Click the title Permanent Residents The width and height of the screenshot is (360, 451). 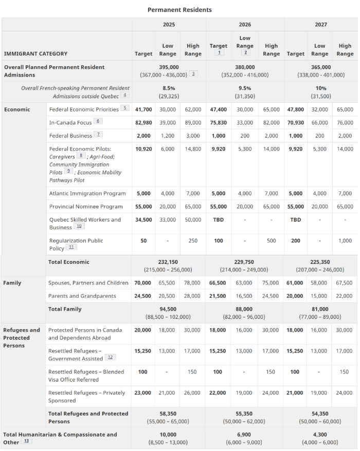[x=179, y=10]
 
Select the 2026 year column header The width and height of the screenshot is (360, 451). [x=245, y=25]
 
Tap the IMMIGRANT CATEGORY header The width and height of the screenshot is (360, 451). [x=35, y=54]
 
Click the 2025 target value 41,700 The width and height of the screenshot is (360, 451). [x=143, y=110]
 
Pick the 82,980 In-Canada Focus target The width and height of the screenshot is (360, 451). [x=143, y=123]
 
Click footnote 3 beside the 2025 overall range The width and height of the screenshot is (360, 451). [x=193, y=74]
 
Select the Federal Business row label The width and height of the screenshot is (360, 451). [x=70, y=136]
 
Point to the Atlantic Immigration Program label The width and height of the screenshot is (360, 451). [x=87, y=193]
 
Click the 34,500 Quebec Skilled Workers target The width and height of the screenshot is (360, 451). [x=143, y=220]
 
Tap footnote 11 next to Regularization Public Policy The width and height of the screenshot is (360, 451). [x=71, y=247]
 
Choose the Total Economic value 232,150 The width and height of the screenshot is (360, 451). [x=168, y=262]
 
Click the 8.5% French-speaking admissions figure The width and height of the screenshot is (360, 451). [x=169, y=88]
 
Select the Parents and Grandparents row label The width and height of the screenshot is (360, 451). [x=82, y=296]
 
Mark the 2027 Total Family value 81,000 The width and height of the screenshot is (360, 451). [x=320, y=309]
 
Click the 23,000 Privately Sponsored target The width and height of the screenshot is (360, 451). [x=142, y=393]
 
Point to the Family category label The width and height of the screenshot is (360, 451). [x=12, y=283]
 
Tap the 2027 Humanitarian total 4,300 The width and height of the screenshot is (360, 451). [x=320, y=435]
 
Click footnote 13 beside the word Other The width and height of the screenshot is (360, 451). [x=26, y=441]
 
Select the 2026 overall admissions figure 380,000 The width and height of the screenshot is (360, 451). [x=245, y=67]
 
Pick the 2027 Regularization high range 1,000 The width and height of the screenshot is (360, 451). [x=345, y=241]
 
